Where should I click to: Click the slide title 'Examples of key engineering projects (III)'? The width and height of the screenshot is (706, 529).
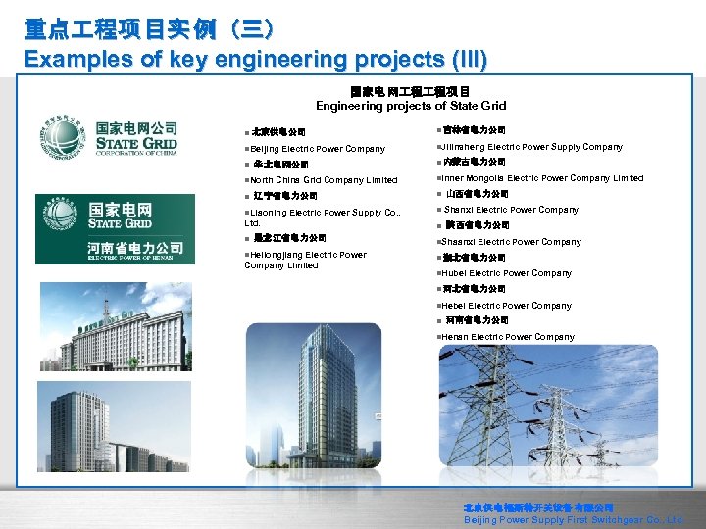(x=255, y=59)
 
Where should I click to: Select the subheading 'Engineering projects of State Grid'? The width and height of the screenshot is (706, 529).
(x=410, y=105)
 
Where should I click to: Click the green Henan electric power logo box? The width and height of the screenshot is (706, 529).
(x=108, y=229)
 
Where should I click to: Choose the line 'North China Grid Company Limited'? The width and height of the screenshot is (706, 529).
(x=323, y=180)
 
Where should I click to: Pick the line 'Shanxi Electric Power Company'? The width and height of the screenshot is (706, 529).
(x=511, y=210)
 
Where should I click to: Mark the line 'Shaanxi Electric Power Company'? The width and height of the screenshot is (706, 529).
(x=511, y=242)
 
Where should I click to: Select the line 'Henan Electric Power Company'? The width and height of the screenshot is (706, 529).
(x=508, y=337)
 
